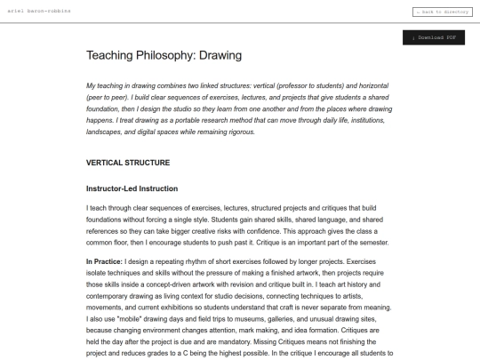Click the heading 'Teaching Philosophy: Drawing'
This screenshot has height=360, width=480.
pos(164,55)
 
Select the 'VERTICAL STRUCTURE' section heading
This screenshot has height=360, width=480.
pos(134,163)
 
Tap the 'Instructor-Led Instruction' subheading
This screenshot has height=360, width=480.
pos(132,188)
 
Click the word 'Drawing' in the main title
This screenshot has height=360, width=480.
pos(220,55)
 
